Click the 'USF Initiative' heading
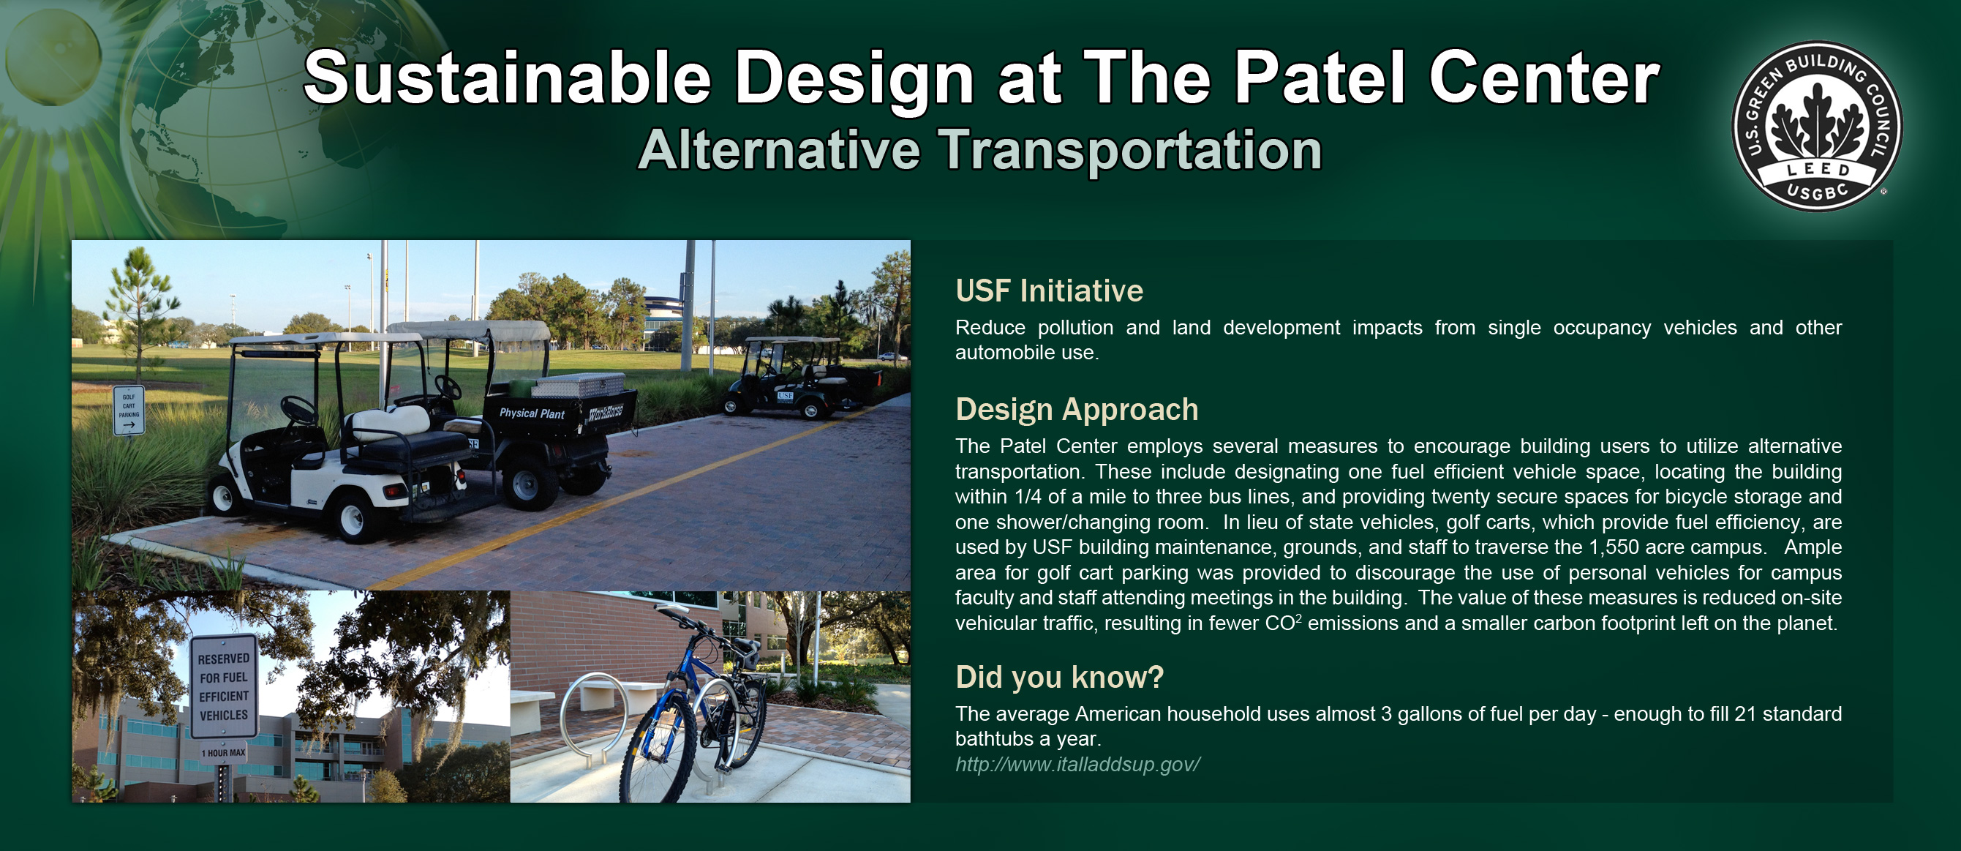tap(1049, 291)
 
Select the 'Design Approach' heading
tap(1077, 410)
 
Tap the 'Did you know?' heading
tap(1059, 678)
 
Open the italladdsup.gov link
tap(1078, 764)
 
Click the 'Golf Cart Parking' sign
tap(129, 410)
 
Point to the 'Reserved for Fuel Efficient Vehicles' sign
tap(224, 686)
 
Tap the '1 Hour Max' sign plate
tap(223, 753)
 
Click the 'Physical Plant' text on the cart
tap(531, 413)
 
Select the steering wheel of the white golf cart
tap(298, 410)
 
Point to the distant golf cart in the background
tap(799, 377)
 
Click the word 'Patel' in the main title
tap(1320, 78)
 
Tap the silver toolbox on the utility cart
tap(579, 385)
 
